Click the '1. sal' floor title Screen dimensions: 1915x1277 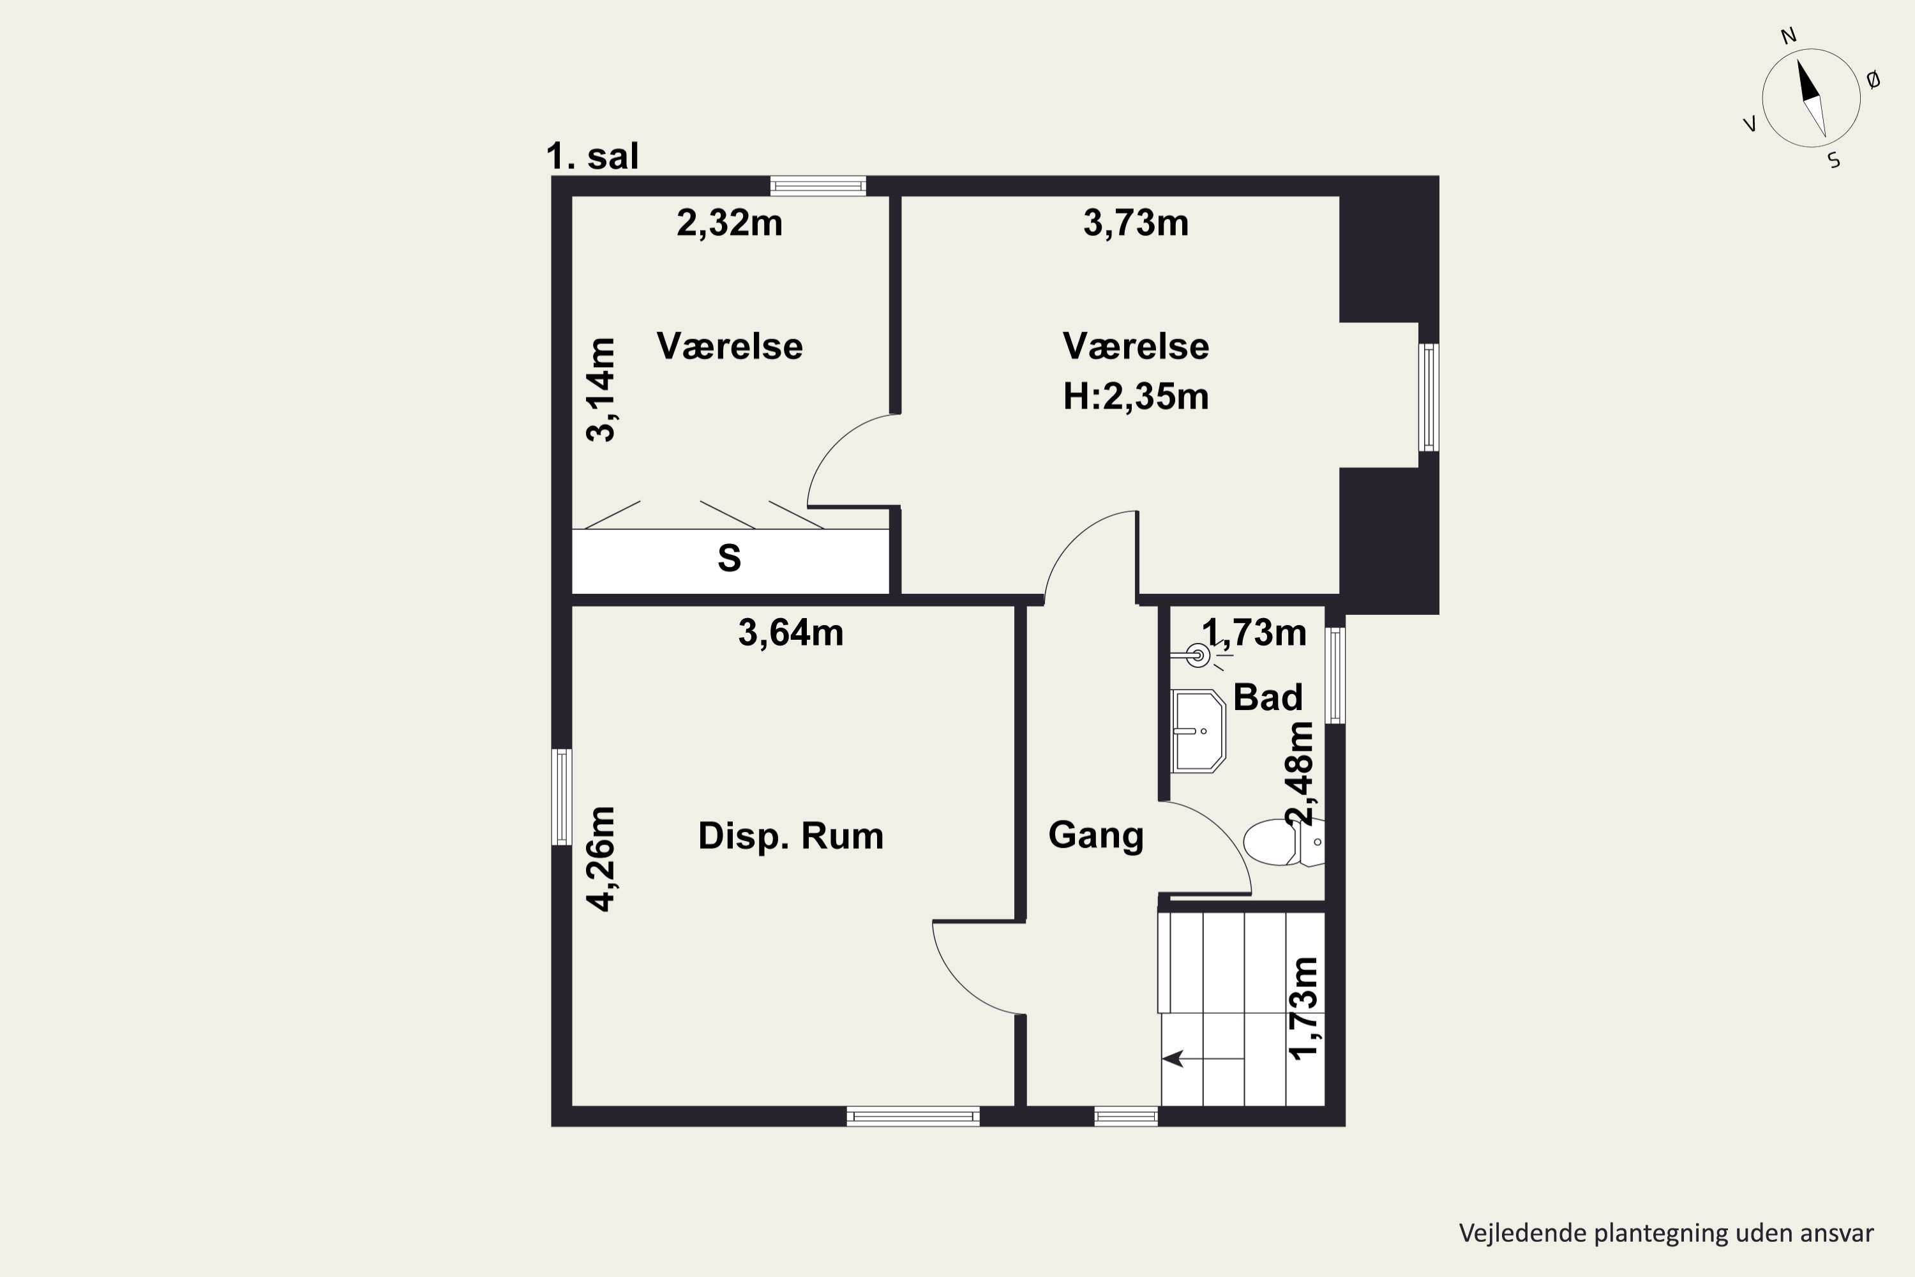coord(592,156)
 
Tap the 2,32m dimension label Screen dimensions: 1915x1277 coord(730,223)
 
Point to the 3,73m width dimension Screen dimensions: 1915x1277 coord(1136,223)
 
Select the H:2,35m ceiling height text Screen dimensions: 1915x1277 coord(1136,397)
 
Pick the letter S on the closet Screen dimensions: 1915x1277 coord(729,559)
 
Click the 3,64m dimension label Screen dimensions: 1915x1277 coord(791,633)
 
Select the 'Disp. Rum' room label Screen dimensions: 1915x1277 coord(791,836)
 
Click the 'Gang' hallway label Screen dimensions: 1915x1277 coord(1096,836)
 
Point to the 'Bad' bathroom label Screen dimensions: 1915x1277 coord(1268,698)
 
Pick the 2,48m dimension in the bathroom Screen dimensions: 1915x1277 coord(1300,774)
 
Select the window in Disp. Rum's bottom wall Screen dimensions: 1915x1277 coord(913,1117)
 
